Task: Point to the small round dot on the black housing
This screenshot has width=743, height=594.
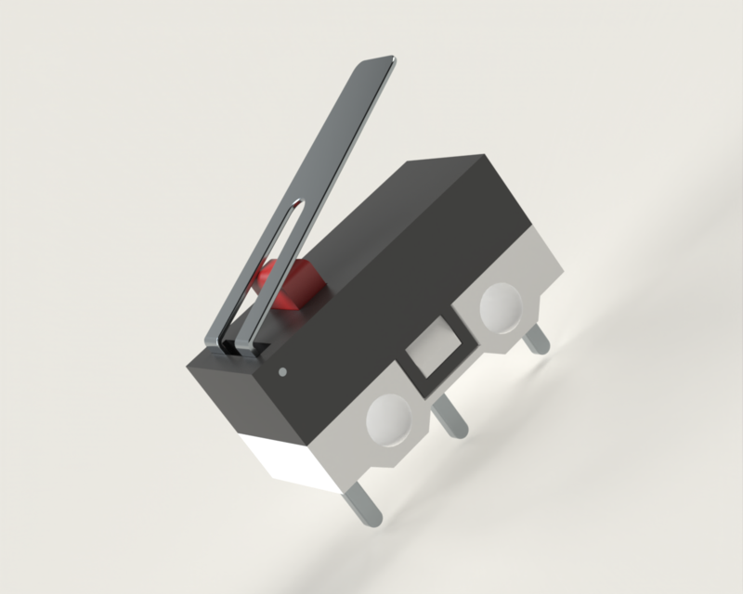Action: tap(281, 373)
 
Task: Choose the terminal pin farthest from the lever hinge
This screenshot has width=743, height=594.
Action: tap(537, 342)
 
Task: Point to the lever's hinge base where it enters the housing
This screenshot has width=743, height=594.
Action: tap(238, 344)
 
